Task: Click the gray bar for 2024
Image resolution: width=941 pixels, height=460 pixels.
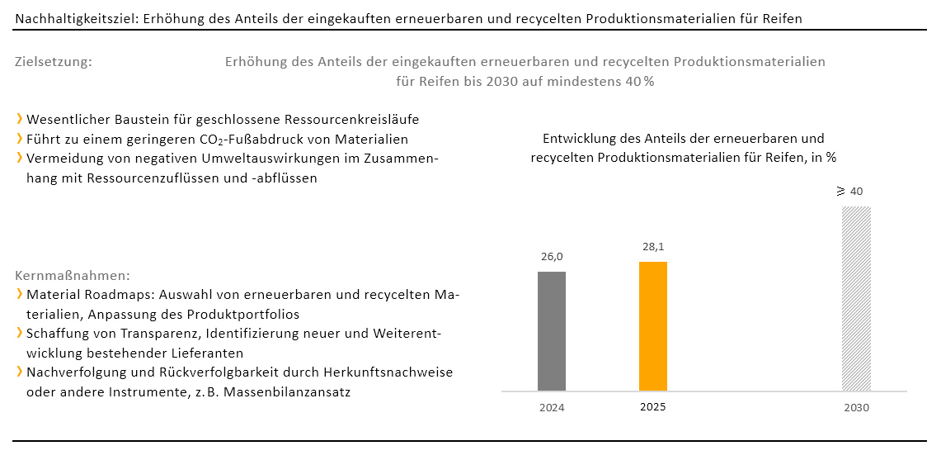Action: click(x=552, y=330)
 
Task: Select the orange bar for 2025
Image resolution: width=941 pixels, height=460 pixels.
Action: click(x=653, y=325)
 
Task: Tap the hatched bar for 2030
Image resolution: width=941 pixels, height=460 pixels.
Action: click(x=856, y=298)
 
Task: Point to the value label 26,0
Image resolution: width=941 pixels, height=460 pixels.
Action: click(x=552, y=257)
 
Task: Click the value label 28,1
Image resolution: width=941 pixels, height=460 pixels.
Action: click(x=653, y=247)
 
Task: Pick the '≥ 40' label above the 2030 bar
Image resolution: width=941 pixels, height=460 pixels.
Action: click(x=849, y=192)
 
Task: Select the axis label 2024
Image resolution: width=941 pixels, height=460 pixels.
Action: click(x=552, y=407)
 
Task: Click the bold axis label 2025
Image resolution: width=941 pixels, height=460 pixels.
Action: click(x=653, y=407)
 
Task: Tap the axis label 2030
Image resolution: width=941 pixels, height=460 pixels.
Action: click(x=856, y=407)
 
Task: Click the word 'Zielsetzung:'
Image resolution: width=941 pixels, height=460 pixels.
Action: click(x=54, y=62)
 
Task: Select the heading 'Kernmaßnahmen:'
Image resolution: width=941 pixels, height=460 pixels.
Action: click(x=73, y=275)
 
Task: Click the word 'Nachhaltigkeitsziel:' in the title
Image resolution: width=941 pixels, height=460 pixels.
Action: click(x=77, y=18)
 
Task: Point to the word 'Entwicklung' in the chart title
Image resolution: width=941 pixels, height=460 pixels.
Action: click(x=579, y=139)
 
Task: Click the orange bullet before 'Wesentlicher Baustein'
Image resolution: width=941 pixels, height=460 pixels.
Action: click(x=19, y=119)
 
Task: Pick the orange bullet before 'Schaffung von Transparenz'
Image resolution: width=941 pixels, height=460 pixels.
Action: click(x=19, y=334)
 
